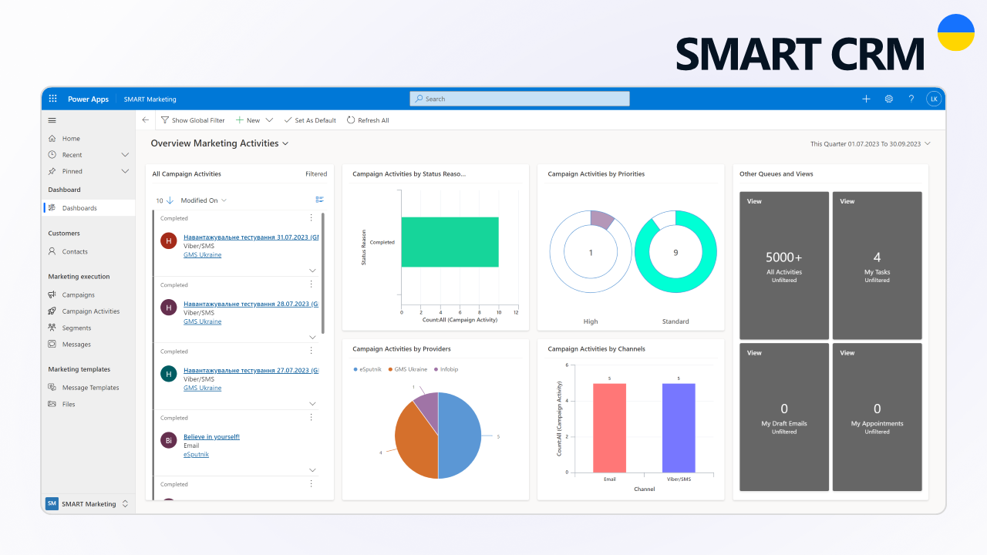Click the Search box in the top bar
tap(519, 99)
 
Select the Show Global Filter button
tap(193, 120)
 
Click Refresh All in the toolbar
tap(368, 120)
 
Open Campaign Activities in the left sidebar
tap(90, 311)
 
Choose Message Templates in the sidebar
tap(90, 388)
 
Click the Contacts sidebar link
tap(75, 251)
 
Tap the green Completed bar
tap(450, 242)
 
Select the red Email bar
tap(609, 428)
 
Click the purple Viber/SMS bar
tap(679, 428)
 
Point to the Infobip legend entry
tap(447, 369)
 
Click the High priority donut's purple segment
tap(602, 219)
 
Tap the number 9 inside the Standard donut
tap(675, 252)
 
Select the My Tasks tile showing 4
tap(877, 265)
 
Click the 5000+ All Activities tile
tap(784, 265)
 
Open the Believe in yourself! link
tap(211, 437)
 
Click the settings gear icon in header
tap(888, 99)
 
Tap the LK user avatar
tap(934, 99)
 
